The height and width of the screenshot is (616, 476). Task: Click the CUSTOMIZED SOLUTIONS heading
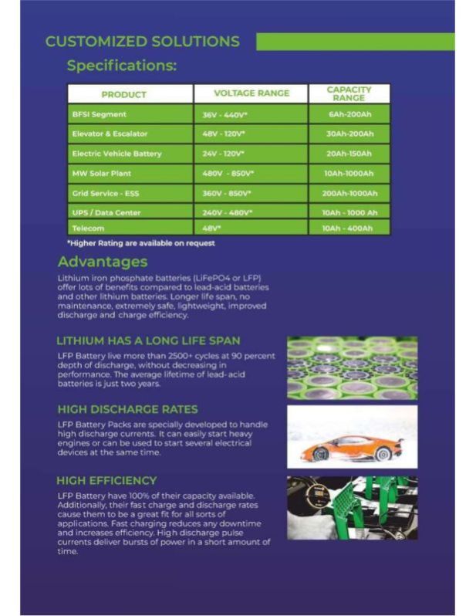pos(142,42)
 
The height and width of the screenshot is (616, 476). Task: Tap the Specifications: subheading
pos(121,66)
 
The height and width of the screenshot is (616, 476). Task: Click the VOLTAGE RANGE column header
pos(251,93)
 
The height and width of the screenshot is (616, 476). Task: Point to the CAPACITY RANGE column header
pos(349,93)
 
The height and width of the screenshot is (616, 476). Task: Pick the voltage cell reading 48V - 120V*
pos(224,134)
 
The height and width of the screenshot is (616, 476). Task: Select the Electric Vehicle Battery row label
pos(116,154)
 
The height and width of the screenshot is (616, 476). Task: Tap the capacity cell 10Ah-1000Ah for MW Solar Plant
pos(349,174)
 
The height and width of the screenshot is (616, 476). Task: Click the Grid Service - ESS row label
pos(105,193)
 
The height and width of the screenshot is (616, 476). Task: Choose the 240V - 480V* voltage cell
pos(227,212)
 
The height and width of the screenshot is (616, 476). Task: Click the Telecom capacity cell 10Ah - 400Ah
pos(349,228)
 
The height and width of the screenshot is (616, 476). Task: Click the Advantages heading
pos(102,262)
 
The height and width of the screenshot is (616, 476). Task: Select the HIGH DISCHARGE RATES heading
pos(127,409)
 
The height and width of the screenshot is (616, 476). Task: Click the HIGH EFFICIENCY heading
pos(106,480)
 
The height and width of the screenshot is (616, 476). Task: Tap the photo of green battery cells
pos(352,367)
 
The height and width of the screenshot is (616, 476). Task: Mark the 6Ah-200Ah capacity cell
pos(349,114)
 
